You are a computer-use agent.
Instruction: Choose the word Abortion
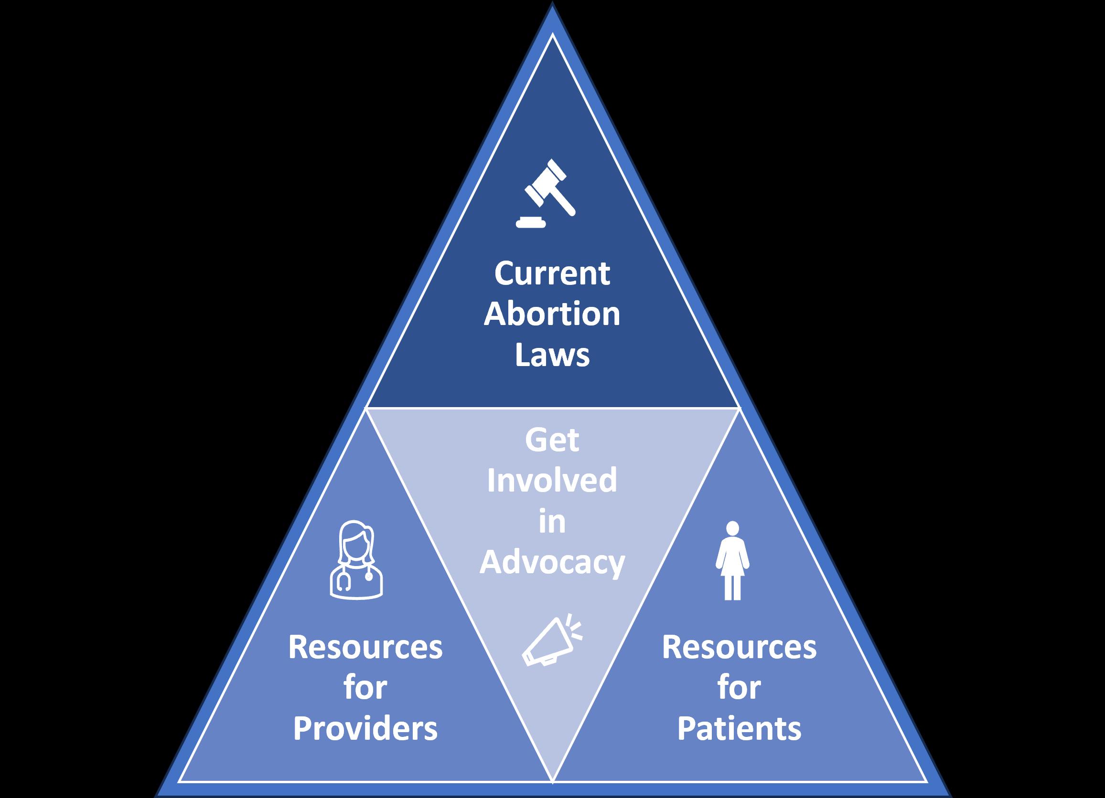pyautogui.click(x=552, y=314)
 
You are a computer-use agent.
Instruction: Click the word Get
pyautogui.click(x=552, y=441)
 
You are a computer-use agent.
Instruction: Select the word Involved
pyautogui.click(x=552, y=481)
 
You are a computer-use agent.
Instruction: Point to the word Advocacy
pyautogui.click(x=552, y=563)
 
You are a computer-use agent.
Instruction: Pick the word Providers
pyautogui.click(x=365, y=728)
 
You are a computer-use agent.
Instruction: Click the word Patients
pyautogui.click(x=739, y=728)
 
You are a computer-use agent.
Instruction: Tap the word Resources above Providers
pyautogui.click(x=365, y=648)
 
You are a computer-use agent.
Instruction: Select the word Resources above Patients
pyautogui.click(x=739, y=648)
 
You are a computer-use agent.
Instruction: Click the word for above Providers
pyautogui.click(x=365, y=687)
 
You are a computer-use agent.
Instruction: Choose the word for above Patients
pyautogui.click(x=739, y=687)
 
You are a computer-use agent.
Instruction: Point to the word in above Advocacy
pyautogui.click(x=552, y=522)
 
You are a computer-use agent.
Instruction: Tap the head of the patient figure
pyautogui.click(x=732, y=529)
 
